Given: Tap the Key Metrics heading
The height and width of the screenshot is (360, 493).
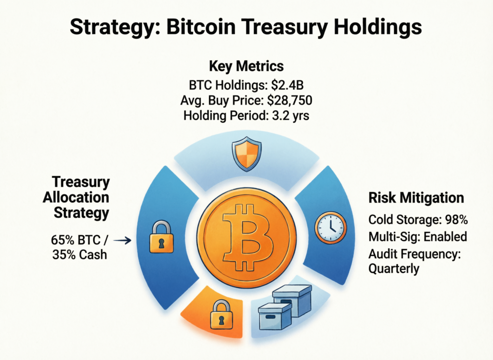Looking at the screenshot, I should (x=246, y=67).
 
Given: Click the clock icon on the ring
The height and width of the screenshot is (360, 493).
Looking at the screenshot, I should (x=330, y=227).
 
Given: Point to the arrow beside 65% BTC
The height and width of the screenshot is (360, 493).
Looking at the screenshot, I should (x=125, y=239).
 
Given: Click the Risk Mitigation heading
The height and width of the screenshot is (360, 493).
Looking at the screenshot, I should (x=416, y=198).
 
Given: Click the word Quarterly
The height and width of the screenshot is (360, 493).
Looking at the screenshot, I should (x=393, y=268).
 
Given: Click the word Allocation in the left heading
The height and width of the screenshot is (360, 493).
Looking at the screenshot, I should (x=76, y=197).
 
